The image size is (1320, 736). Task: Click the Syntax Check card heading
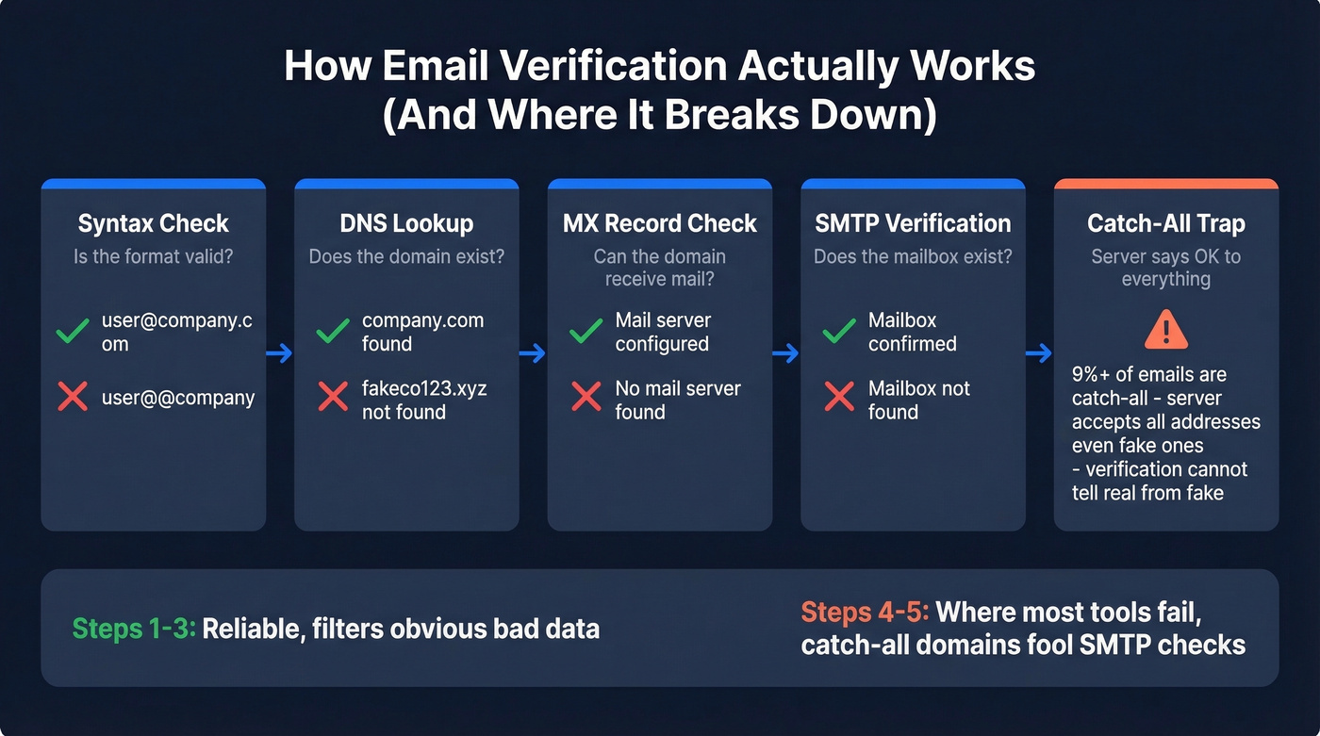153,223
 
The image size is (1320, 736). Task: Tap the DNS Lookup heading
406,223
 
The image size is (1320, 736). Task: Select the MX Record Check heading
659,223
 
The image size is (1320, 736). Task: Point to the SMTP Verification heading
913,223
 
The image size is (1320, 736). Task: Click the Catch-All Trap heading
1165,223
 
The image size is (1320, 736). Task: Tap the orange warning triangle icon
1165,331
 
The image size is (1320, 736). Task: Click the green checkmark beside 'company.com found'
332,332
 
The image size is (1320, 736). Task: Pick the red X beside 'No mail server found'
586,398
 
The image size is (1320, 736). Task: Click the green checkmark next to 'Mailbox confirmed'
838,332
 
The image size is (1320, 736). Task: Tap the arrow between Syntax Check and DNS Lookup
280,353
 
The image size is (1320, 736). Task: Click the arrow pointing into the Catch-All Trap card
1039,353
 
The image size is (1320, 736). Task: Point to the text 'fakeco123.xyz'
423,388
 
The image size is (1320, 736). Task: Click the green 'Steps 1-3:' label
134,629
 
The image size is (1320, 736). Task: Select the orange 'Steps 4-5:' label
865,613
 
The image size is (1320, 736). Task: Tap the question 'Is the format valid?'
153,256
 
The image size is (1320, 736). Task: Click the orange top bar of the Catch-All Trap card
1165,184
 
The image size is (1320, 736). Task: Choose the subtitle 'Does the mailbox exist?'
913,256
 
